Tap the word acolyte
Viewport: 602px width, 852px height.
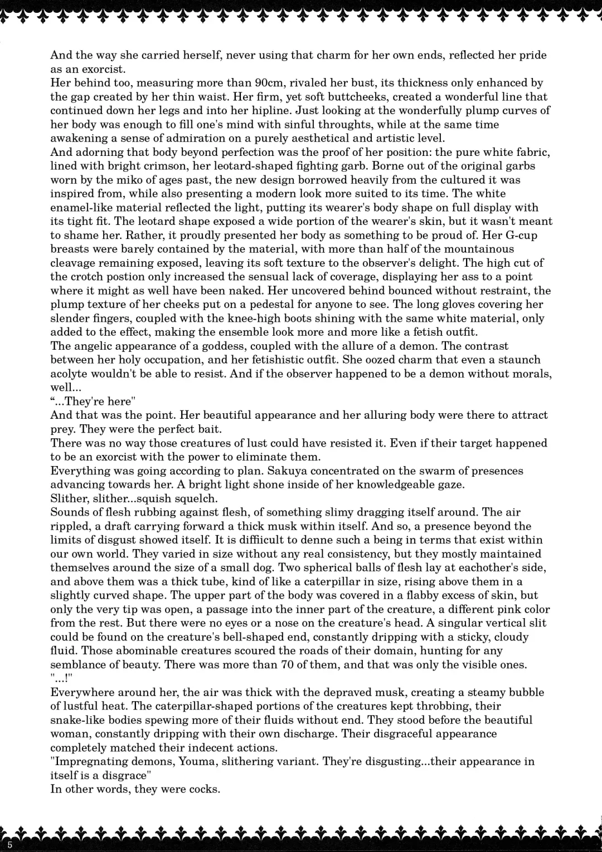[71, 374]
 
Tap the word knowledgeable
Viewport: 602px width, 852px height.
[397, 484]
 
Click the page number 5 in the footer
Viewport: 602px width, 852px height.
[10, 845]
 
